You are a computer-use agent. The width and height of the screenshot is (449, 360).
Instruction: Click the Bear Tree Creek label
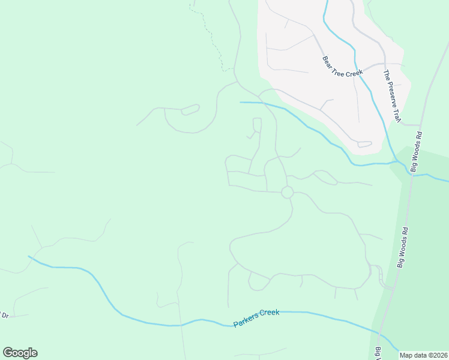coord(343,65)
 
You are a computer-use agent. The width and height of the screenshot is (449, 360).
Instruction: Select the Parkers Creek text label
coord(256,318)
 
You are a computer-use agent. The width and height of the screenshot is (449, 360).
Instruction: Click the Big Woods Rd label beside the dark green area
coord(402,246)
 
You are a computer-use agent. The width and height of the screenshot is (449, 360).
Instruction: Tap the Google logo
coord(20,353)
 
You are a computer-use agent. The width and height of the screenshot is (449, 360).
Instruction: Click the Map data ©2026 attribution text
coord(424,355)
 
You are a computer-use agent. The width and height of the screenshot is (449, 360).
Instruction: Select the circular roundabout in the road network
coord(287,192)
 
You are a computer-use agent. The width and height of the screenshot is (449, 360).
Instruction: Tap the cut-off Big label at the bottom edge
coord(379,354)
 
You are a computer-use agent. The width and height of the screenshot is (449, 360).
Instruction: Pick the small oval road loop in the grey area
coord(364,144)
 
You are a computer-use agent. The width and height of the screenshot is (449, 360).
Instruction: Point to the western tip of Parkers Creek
coord(29,256)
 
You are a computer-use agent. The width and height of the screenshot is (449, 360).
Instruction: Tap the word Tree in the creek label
coord(342,65)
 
